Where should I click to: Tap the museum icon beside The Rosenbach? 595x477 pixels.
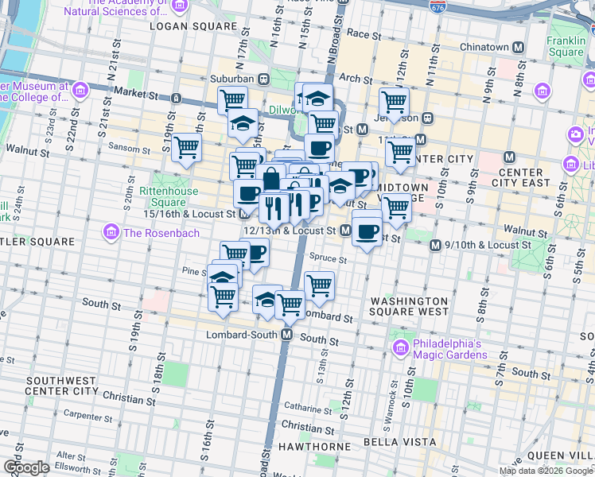tap(111, 232)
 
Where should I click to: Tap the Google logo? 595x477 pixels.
tap(26, 467)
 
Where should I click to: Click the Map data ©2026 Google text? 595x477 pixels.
tap(546, 471)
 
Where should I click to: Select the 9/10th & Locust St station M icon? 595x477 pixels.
tap(435, 246)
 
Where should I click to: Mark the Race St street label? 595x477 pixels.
tap(365, 34)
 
